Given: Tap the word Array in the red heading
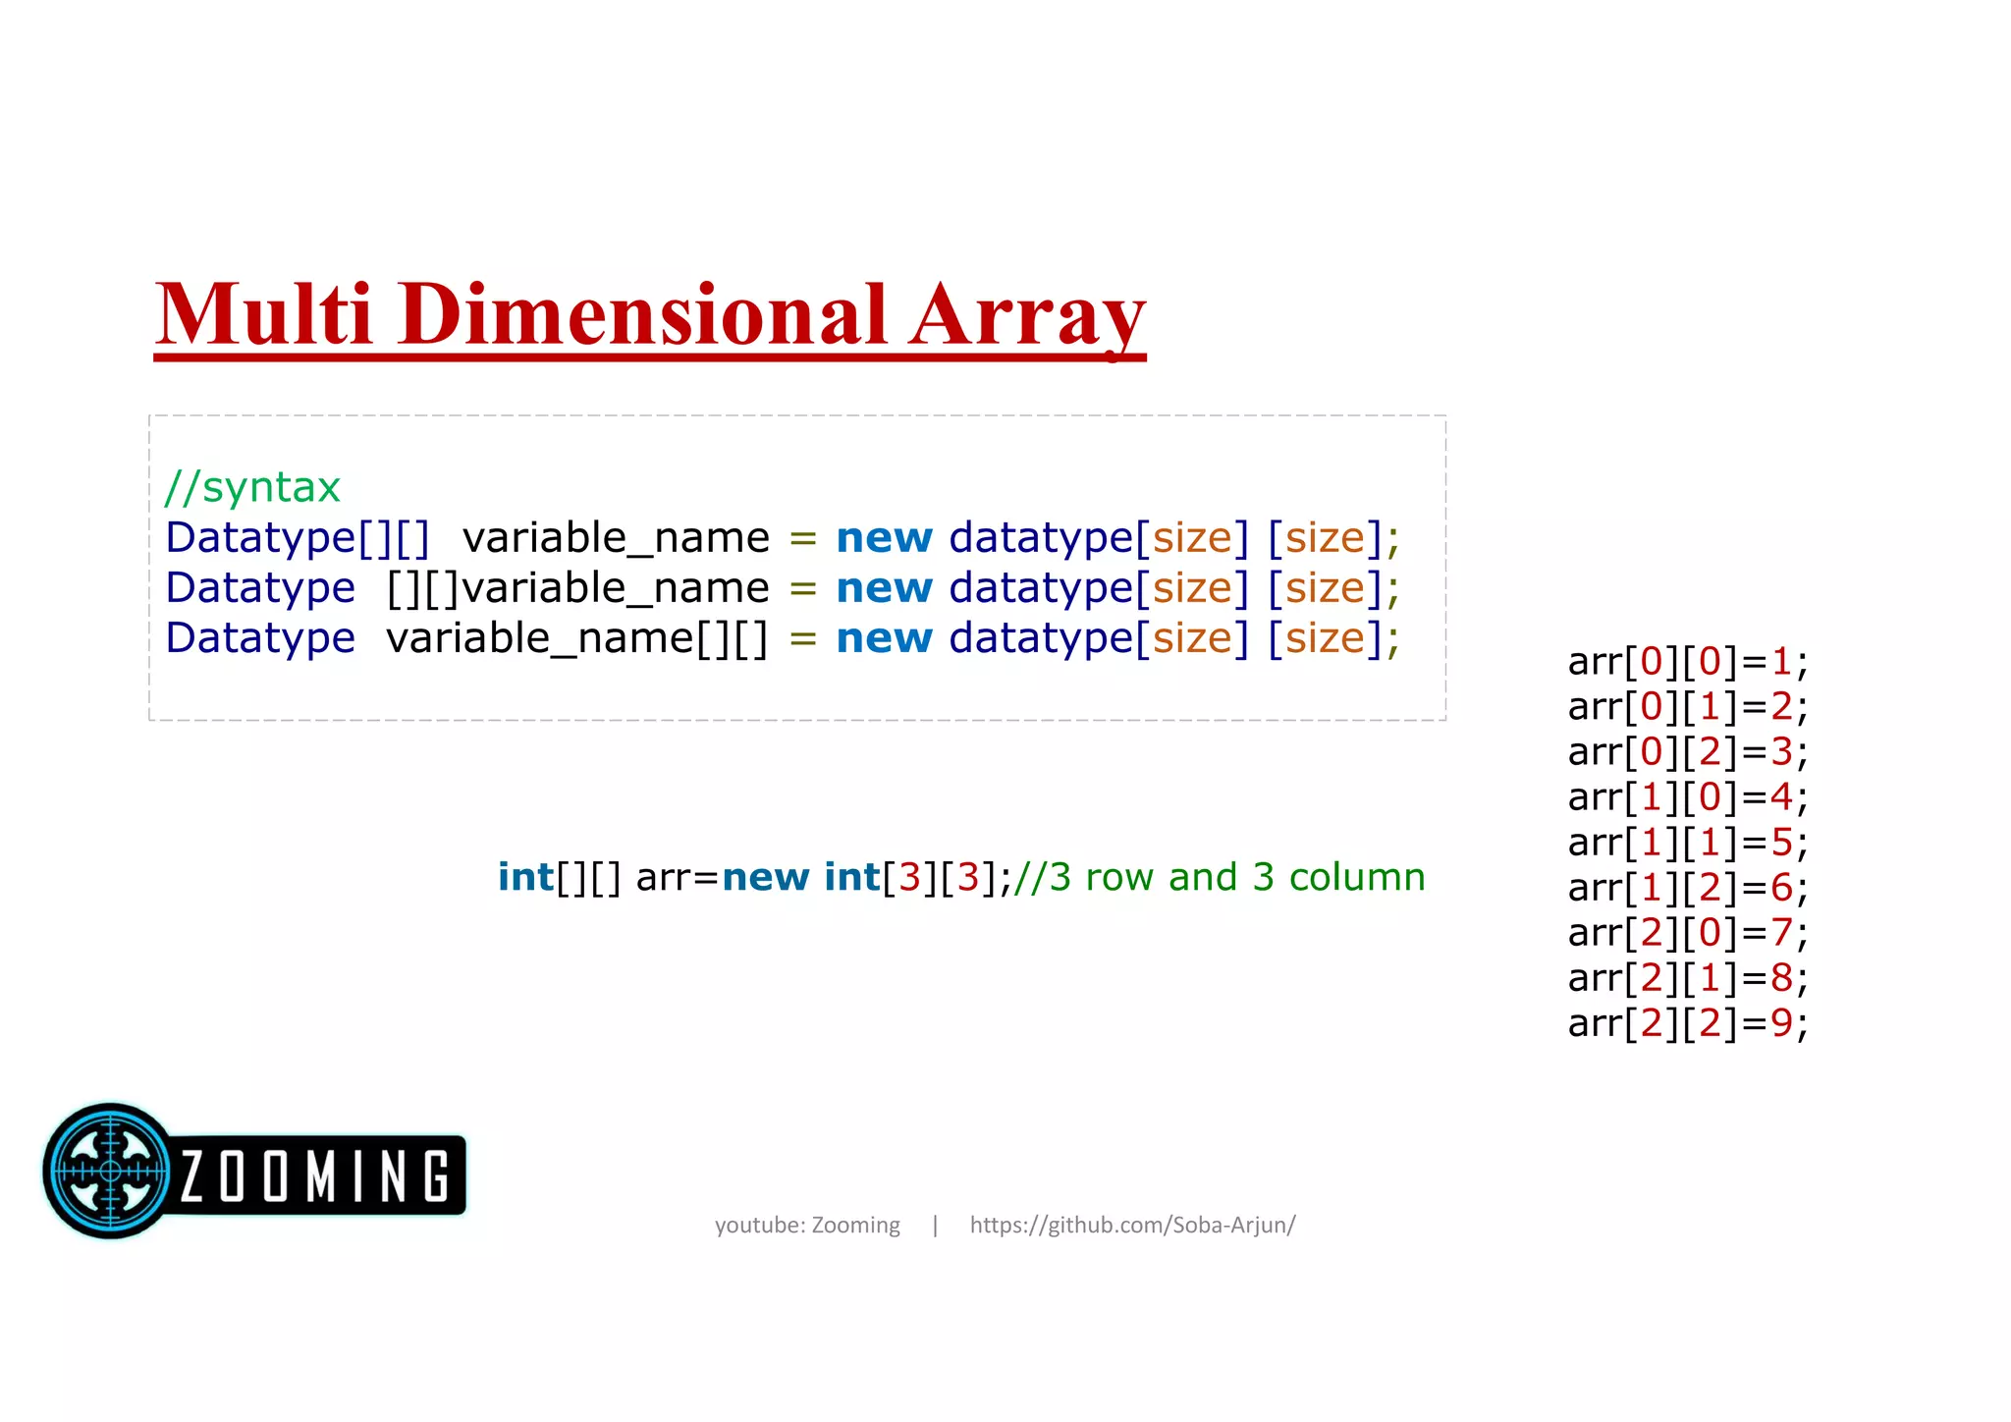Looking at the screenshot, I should (1026, 316).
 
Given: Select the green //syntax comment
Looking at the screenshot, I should (252, 487).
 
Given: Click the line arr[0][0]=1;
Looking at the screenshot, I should (1687, 662).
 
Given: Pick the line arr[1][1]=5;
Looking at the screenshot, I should (1687, 843).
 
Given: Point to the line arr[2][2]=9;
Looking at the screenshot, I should (1687, 1023).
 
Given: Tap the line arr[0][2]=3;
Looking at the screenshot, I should (1687, 752).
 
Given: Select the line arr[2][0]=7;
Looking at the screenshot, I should (1687, 933).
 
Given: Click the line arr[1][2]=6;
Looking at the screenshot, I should (1687, 888).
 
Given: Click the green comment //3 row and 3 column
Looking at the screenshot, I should (1219, 877).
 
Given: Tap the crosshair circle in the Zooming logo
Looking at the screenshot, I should (110, 1171).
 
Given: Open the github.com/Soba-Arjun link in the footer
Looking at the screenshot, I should (1132, 1225).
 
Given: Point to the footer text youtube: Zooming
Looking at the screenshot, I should (807, 1225).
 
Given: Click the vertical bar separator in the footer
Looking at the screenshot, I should (935, 1225).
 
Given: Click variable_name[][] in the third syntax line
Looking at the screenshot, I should (576, 638).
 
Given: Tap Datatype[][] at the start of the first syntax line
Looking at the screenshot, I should (298, 538).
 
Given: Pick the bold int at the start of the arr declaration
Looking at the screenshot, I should (525, 877).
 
